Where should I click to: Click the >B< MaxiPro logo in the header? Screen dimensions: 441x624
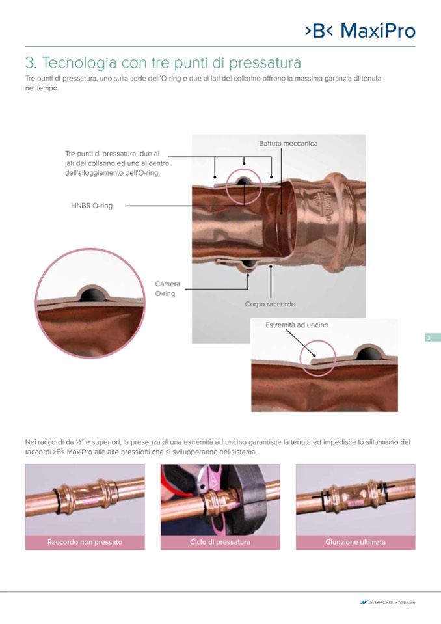click(x=360, y=31)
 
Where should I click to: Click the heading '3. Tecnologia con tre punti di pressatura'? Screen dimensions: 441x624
click(x=163, y=63)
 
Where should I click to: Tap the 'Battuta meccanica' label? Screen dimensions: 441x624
click(x=288, y=143)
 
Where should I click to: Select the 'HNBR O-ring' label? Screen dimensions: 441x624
click(x=92, y=206)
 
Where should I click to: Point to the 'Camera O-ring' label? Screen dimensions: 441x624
click(x=167, y=288)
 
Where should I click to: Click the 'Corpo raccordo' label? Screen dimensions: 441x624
click(x=270, y=304)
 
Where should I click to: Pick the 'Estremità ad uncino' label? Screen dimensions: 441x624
click(x=297, y=325)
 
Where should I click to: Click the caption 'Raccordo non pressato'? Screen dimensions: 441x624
click(x=85, y=542)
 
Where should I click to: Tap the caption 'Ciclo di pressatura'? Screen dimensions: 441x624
click(x=220, y=542)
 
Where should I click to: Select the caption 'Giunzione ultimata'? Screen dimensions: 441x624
click(x=356, y=542)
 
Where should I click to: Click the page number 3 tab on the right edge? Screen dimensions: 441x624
click(x=432, y=338)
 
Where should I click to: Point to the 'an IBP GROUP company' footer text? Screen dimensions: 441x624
click(x=388, y=603)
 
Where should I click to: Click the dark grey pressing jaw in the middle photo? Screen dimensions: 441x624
click(x=254, y=500)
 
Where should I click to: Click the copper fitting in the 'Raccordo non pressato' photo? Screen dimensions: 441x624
click(x=85, y=495)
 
